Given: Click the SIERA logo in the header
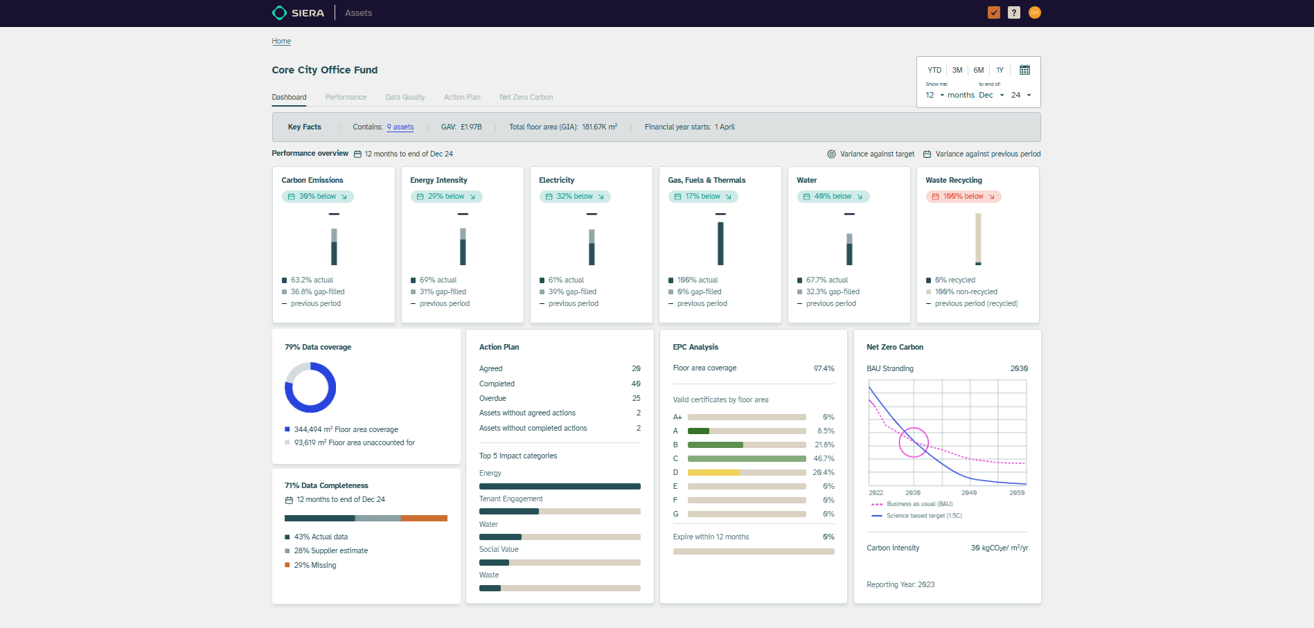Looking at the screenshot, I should [299, 13].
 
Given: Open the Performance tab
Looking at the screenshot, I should [346, 98].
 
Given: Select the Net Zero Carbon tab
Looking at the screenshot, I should [526, 98].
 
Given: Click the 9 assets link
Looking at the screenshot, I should [400, 127].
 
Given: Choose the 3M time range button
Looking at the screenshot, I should [957, 71].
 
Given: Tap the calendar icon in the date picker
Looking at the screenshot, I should [1024, 70].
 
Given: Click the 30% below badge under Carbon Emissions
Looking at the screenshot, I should [318, 197].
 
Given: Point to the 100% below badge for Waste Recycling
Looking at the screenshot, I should [964, 197].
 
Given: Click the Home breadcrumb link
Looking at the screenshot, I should [281, 42].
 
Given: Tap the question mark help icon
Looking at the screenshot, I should [1014, 12].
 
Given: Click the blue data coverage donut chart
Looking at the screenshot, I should [310, 388].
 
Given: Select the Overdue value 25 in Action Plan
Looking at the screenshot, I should [636, 399].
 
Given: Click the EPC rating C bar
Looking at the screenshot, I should [747, 458].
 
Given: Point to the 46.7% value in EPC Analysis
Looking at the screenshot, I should [824, 458].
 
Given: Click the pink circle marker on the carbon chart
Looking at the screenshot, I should [914, 442].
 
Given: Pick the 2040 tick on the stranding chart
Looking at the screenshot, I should [969, 493].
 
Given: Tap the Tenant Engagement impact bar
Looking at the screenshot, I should [560, 512].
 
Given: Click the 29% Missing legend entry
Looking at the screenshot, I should [314, 566].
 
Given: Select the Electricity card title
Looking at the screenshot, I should [556, 181].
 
